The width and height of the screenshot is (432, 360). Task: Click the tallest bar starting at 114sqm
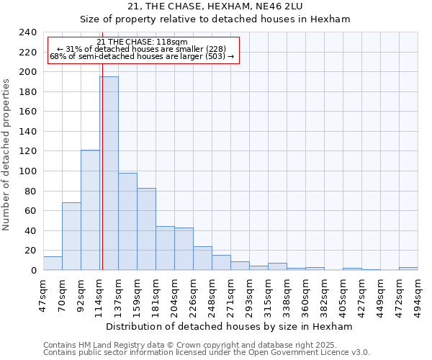[x=109, y=173]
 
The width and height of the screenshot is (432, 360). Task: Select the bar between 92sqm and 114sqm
[x=90, y=210]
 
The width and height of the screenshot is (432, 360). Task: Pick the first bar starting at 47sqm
[x=53, y=264]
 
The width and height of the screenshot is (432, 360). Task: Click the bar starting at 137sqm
[x=127, y=221]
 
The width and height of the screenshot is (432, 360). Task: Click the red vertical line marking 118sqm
[x=102, y=180]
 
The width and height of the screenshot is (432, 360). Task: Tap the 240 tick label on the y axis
[x=28, y=32]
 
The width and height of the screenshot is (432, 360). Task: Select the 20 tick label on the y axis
[x=31, y=251]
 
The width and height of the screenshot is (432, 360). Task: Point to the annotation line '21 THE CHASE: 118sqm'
[x=142, y=42]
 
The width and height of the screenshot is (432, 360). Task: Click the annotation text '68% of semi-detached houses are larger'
[x=142, y=56]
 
